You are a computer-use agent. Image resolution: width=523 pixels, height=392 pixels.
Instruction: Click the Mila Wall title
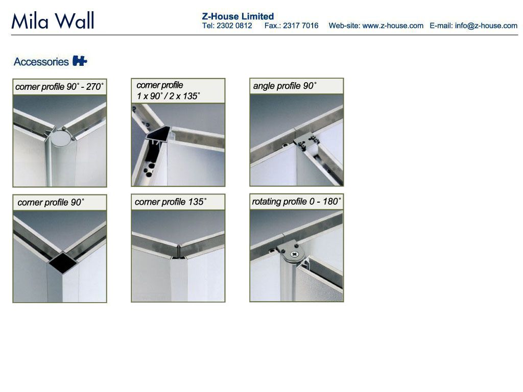coord(53,20)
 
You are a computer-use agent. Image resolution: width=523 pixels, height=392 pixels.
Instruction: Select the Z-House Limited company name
coord(238,16)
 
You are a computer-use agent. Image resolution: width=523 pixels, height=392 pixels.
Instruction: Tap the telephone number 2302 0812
coord(234,26)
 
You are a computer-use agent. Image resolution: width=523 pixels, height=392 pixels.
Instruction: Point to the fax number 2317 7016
coord(300,26)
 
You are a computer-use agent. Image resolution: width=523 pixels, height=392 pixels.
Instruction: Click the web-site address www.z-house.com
coord(393,26)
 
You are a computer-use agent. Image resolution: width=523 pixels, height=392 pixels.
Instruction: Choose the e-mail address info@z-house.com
coord(486,26)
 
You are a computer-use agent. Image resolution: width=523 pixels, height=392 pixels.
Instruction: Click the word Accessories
coord(41,62)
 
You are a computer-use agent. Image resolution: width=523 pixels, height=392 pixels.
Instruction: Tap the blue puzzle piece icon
coord(80,61)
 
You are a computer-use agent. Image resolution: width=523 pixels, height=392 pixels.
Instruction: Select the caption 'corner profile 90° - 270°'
coord(59,87)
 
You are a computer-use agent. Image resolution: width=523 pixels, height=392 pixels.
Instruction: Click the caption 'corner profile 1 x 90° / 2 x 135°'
coord(168,91)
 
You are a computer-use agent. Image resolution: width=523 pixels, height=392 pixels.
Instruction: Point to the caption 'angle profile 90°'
coord(284,86)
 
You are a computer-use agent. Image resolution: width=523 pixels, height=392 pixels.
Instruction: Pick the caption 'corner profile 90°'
coord(51,202)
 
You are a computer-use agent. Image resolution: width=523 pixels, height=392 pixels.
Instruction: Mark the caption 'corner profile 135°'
coord(171,202)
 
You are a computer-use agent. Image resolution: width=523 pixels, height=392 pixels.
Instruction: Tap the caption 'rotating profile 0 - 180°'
coord(296,201)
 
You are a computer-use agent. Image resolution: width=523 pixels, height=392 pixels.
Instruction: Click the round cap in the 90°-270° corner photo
coord(60,138)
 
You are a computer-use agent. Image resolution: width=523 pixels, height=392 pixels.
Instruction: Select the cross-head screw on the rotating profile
coord(294,254)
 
